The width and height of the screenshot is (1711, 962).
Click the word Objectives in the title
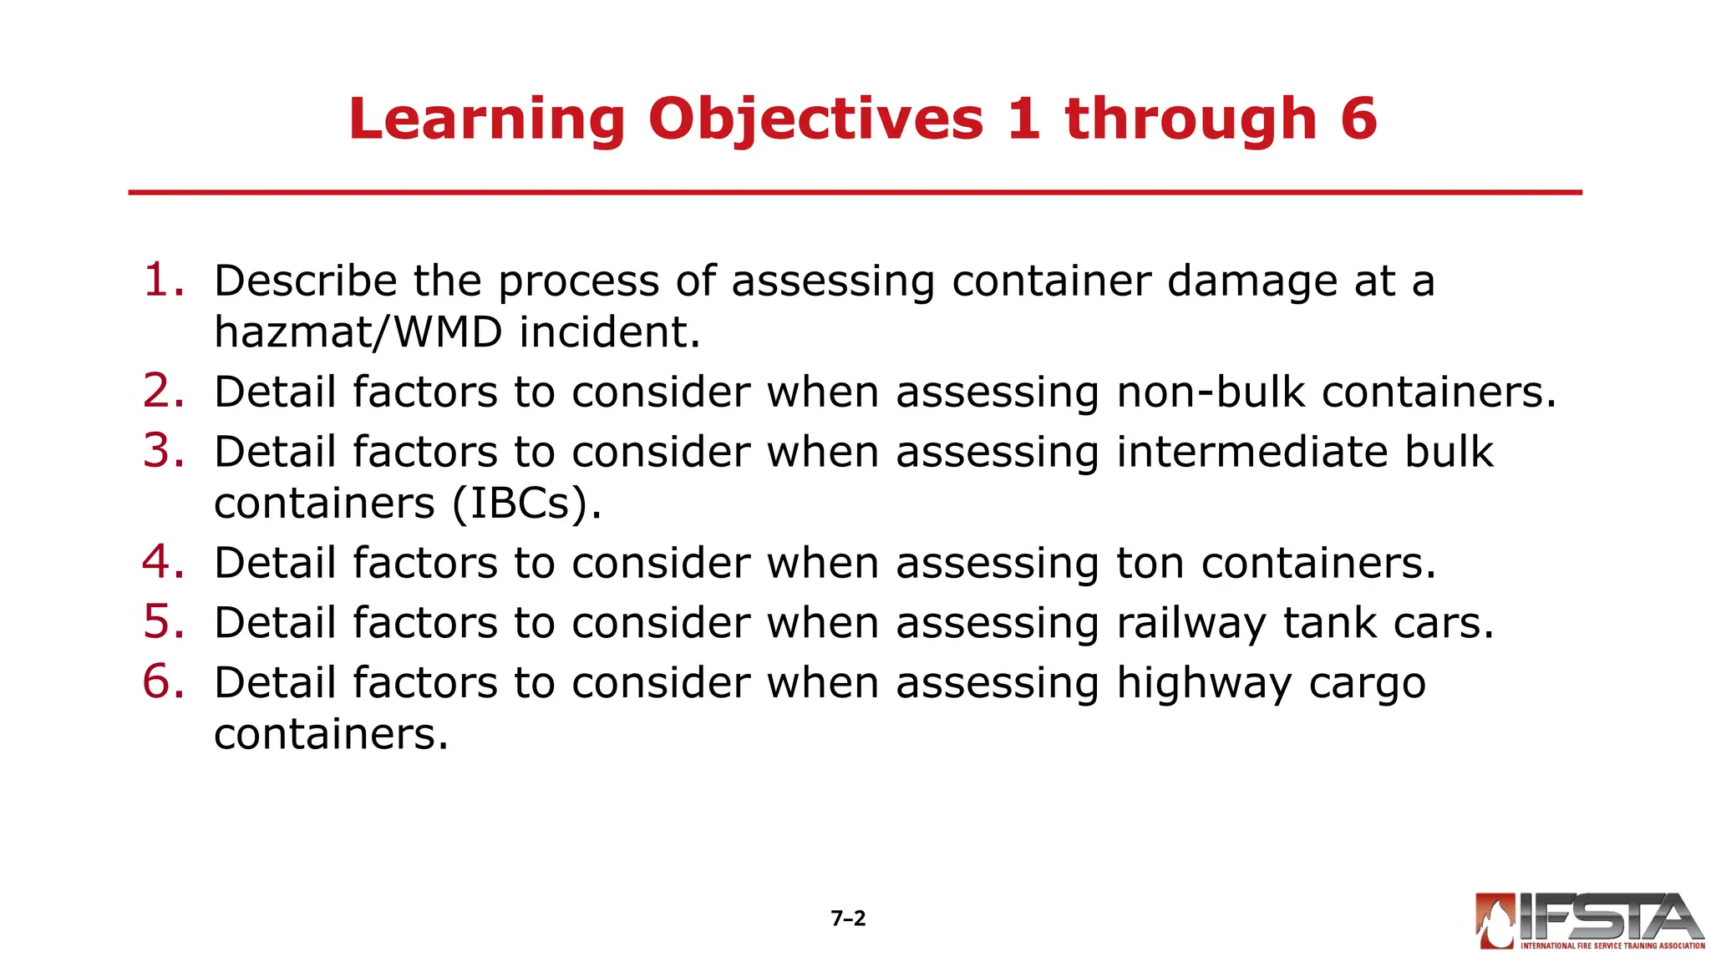[x=815, y=119]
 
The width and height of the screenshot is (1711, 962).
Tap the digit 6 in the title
[x=1358, y=119]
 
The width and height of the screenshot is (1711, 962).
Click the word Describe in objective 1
[x=305, y=281]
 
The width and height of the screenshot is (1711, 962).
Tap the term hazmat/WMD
[x=358, y=332]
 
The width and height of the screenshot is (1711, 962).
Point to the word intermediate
[x=1251, y=452]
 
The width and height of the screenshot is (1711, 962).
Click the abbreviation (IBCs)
[x=526, y=504]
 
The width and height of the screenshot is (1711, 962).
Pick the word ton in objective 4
[x=1150, y=563]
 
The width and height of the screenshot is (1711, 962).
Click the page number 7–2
[x=848, y=919]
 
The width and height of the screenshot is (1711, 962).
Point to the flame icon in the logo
[x=1495, y=921]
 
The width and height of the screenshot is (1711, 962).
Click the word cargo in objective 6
[x=1368, y=685]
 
